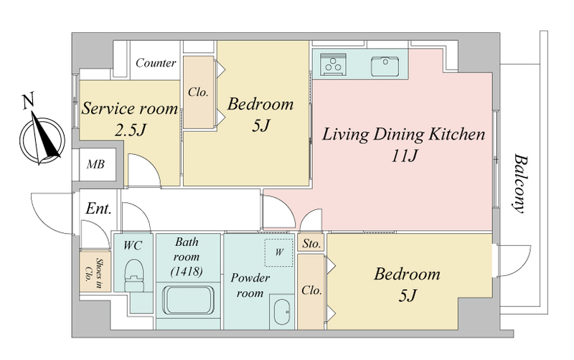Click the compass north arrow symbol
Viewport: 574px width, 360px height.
[42, 139]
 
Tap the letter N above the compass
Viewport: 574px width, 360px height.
[28, 101]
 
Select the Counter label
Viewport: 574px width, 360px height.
[156, 63]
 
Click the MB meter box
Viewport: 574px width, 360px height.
[95, 164]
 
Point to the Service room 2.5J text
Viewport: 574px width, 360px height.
[130, 119]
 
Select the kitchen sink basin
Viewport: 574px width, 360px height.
[385, 66]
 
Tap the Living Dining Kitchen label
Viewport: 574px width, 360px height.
[403, 134]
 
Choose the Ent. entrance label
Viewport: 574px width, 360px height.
[98, 209]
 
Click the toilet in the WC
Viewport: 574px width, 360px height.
[134, 275]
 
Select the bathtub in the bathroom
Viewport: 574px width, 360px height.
[188, 300]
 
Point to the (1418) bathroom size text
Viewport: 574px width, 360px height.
[187, 271]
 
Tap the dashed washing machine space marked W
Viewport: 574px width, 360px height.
[279, 252]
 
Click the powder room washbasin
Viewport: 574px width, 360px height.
[283, 312]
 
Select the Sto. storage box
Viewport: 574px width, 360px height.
[311, 243]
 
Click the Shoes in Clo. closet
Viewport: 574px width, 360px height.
[95, 271]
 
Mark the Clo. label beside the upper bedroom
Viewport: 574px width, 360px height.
[198, 93]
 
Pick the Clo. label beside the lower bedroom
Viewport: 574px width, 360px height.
[311, 290]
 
